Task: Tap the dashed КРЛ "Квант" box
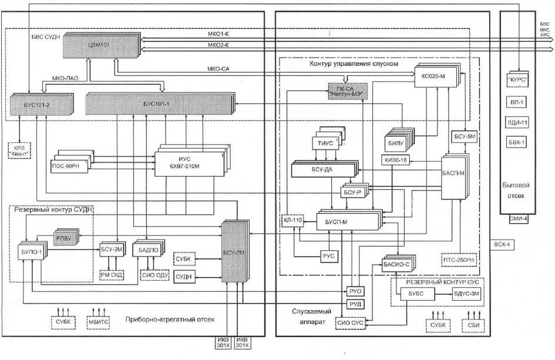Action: tap(19, 150)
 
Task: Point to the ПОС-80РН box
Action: tap(69, 165)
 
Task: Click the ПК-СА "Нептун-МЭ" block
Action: tap(346, 90)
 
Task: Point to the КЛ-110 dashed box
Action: tap(292, 220)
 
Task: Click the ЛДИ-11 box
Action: tap(518, 122)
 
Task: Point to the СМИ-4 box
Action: tap(518, 219)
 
